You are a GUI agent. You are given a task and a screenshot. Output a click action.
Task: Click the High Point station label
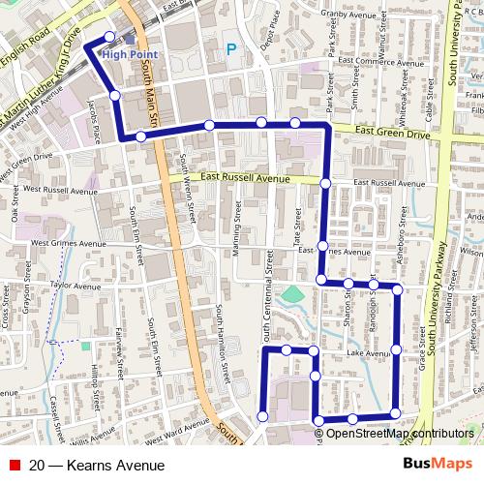[x=128, y=55]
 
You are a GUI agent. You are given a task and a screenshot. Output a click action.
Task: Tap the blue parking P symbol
[x=230, y=48]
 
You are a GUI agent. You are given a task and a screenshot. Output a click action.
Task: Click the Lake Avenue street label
[x=367, y=355]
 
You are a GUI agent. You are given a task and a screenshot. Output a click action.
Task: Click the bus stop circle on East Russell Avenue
[x=325, y=183]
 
